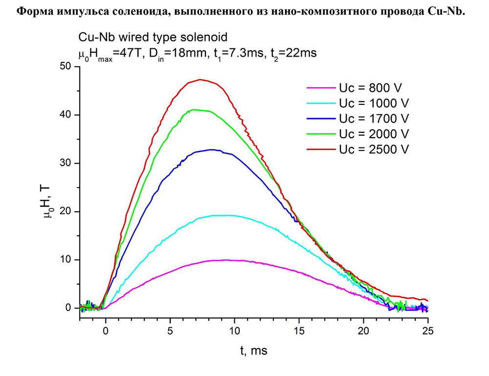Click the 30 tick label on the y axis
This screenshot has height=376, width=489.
pos(66,163)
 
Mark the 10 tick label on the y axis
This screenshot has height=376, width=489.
pos(66,259)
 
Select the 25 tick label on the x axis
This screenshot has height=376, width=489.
pos(428,331)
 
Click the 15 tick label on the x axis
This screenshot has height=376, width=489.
pos(299,331)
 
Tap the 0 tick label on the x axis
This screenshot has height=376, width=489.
pos(105,331)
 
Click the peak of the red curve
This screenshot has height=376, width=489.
pos(200,79)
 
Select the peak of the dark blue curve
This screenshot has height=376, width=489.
pos(211,149)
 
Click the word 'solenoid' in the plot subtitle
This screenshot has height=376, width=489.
pos(201,37)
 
